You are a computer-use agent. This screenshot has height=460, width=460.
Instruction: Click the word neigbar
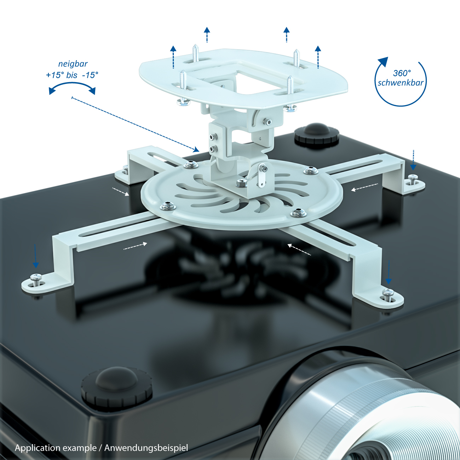click(73, 64)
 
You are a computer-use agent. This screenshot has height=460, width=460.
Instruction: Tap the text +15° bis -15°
click(72, 75)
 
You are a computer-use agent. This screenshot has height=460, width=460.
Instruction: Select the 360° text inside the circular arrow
click(402, 73)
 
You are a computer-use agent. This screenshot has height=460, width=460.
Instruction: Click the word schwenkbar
click(401, 82)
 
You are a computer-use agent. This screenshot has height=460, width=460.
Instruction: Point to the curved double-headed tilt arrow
click(72, 84)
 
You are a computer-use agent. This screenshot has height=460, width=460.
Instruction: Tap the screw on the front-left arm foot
click(36, 279)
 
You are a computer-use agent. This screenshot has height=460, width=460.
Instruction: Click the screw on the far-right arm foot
click(413, 179)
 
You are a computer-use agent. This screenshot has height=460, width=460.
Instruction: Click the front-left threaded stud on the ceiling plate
click(183, 80)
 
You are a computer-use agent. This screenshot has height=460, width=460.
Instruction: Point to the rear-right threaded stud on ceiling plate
click(296, 58)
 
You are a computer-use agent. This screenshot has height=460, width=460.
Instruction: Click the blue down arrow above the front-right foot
click(389, 272)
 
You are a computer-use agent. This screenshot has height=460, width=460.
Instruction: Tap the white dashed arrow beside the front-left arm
click(136, 246)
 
